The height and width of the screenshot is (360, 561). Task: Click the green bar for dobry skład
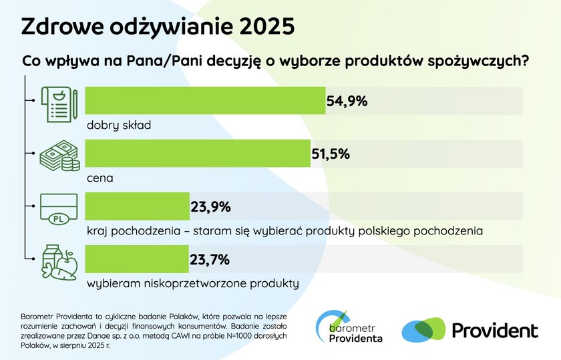point(206,101)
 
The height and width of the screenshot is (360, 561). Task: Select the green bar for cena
point(198,154)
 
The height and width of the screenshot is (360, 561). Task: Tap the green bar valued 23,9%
point(138,206)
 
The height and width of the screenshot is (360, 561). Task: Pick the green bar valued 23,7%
point(137,258)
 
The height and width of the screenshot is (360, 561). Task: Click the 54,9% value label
point(347,102)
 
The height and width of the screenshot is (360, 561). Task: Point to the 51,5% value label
point(331,154)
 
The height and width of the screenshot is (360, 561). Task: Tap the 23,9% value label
point(210,207)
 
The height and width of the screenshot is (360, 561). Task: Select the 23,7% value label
point(210,259)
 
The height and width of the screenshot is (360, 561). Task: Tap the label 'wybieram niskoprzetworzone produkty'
point(192,283)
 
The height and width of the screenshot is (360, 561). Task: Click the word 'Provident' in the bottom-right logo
point(495,330)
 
